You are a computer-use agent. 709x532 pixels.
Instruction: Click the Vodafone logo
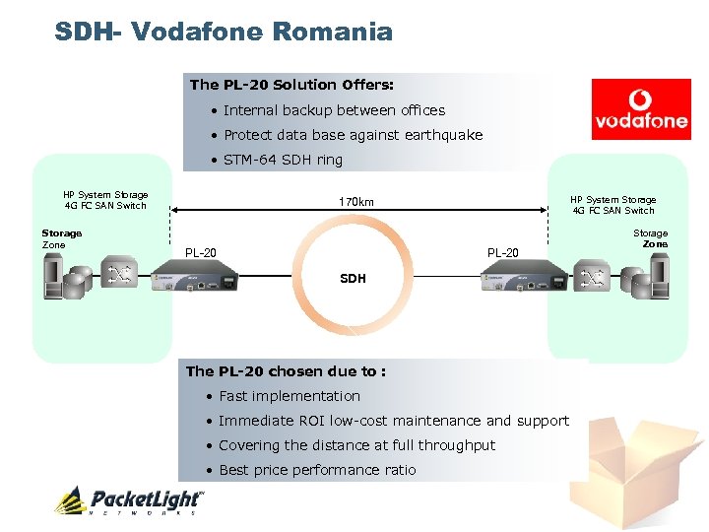pyautogui.click(x=641, y=108)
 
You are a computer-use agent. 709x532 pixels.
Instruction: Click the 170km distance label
pyautogui.click(x=355, y=202)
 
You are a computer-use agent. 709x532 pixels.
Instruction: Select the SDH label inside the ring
pyautogui.click(x=353, y=279)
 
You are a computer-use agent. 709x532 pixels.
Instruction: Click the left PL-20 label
pyautogui.click(x=201, y=253)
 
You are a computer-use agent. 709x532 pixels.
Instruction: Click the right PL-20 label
pyautogui.click(x=502, y=253)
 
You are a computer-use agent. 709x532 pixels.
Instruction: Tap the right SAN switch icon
pyautogui.click(x=592, y=277)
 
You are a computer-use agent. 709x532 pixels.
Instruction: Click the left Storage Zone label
pyautogui.click(x=61, y=238)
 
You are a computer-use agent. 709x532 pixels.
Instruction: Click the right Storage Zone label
pyautogui.click(x=650, y=238)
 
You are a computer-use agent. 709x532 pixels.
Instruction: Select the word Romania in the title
pyautogui.click(x=332, y=33)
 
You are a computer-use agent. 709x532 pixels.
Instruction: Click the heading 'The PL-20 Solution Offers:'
pyautogui.click(x=291, y=85)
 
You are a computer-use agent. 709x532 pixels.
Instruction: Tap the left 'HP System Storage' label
pyautogui.click(x=105, y=195)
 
